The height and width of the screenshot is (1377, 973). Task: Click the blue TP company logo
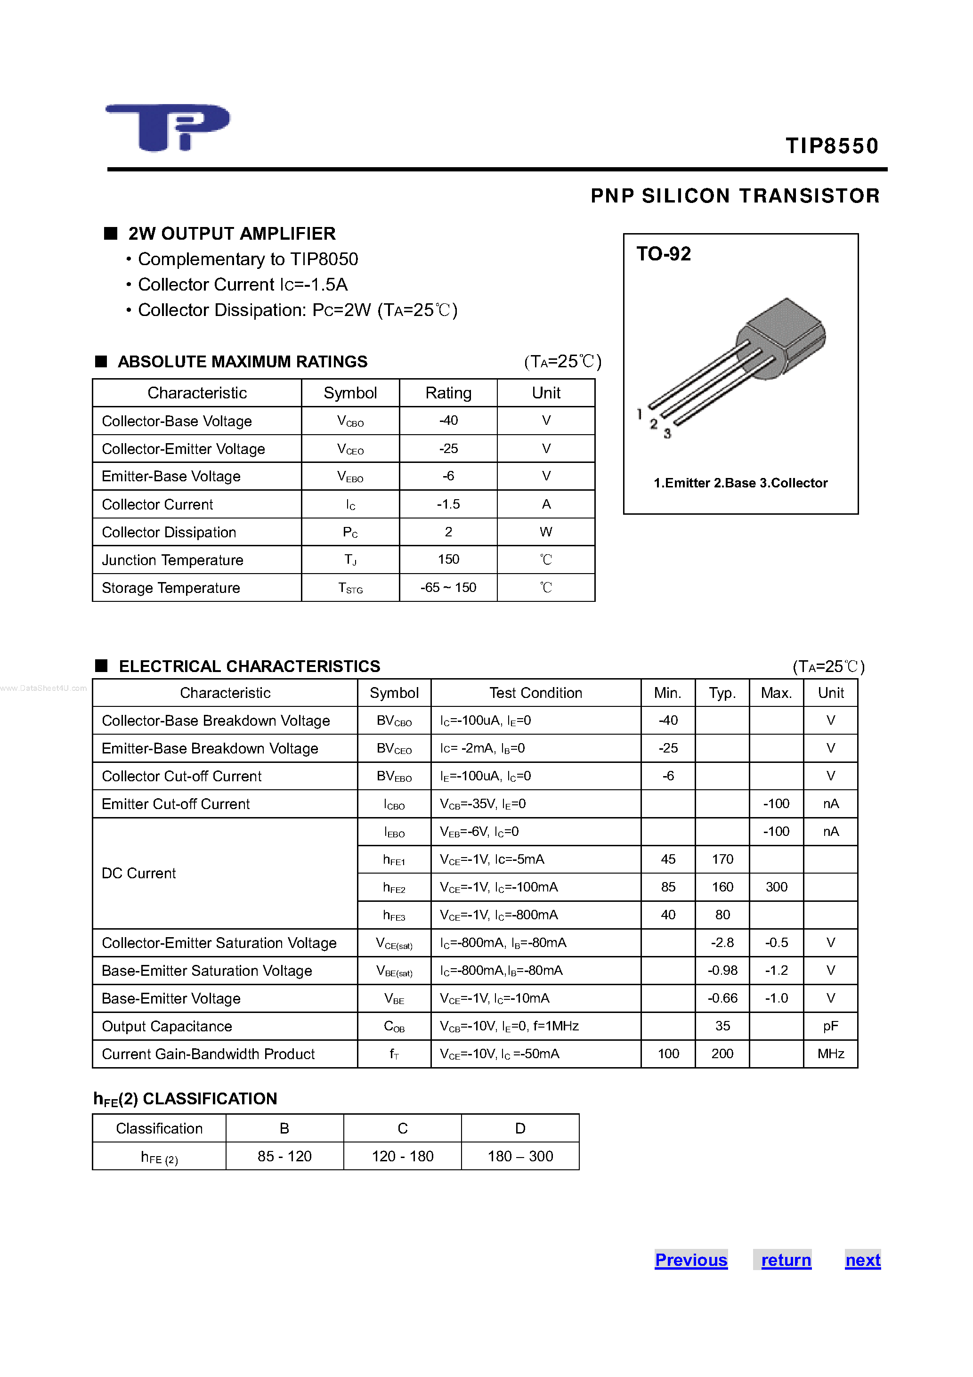point(167,127)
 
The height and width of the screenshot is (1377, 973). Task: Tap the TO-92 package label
point(664,254)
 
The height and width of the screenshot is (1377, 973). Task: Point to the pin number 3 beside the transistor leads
point(667,434)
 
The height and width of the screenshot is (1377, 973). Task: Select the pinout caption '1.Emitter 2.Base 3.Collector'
point(740,483)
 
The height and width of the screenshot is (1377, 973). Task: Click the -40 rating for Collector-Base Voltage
point(448,421)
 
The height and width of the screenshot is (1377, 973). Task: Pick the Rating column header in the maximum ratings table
point(448,393)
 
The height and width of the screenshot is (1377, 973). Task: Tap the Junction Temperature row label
point(173,560)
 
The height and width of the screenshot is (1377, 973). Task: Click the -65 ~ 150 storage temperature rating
point(448,588)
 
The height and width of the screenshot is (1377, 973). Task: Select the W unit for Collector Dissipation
point(546,532)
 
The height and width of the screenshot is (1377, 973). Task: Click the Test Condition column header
point(535,693)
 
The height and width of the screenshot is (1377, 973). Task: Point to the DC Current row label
point(138,873)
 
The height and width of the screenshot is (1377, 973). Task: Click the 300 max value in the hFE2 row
point(776,887)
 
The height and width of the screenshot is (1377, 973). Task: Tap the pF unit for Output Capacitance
point(831,1026)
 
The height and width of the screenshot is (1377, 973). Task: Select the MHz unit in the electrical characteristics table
point(831,1054)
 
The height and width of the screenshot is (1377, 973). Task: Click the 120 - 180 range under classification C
point(403,1156)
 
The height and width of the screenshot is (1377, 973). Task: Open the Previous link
point(691,1260)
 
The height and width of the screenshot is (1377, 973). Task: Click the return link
point(786,1260)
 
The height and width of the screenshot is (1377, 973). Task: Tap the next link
point(863,1260)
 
